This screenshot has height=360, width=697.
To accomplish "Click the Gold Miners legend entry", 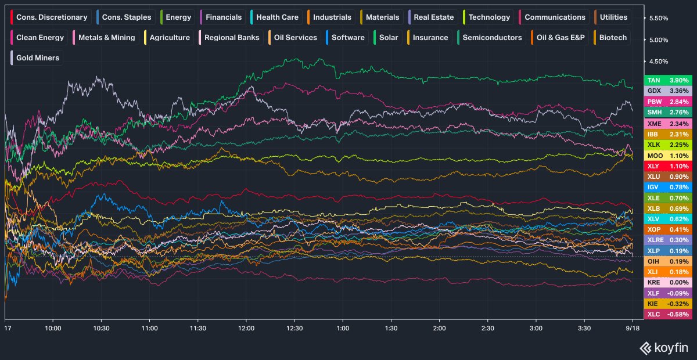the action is pos(37,58).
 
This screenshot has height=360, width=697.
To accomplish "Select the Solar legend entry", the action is pos(387,38).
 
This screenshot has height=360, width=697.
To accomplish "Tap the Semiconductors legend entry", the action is pos(491,38).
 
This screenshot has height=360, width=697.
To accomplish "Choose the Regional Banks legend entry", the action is pos(231,38).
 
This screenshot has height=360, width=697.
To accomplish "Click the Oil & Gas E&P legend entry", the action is pos(559,38).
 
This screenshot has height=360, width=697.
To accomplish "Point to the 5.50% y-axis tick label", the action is pos(659,19).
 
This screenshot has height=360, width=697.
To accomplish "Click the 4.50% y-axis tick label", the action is pos(659,62).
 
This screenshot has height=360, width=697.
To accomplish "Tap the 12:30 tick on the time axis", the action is pos(294,328).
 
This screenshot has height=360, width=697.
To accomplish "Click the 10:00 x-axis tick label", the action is pos(53,328).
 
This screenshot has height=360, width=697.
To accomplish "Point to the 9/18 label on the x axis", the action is pos(633,328).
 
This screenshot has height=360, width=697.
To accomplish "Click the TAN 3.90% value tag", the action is pos(668,80).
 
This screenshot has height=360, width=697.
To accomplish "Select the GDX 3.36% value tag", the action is pos(668,91).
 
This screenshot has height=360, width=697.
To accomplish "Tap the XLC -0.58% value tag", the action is pos(668,314).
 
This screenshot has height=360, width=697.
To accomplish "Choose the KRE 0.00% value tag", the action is pos(668,282).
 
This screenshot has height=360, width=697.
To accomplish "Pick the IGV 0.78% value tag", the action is pos(668,187).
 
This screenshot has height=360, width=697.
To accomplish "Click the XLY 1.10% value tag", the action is pos(668,166).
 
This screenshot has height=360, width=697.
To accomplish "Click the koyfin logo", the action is pos(663,348).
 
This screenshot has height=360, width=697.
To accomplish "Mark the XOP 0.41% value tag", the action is pos(668,229).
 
